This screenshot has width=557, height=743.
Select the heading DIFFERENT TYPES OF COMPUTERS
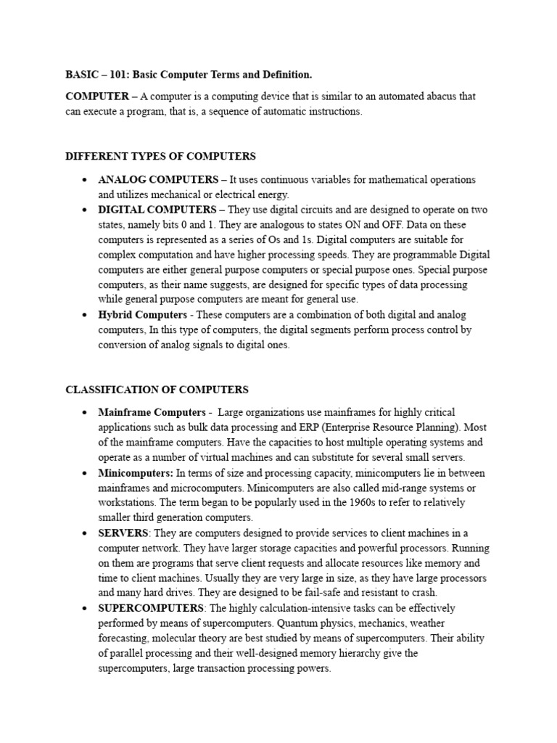[x=160, y=156]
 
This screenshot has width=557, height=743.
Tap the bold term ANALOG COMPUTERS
[x=158, y=179]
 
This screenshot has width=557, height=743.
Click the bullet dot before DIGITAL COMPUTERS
[x=86, y=210]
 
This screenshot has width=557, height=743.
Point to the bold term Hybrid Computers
[x=141, y=315]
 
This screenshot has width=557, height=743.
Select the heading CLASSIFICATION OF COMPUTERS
[x=157, y=390]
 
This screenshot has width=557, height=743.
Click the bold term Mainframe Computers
[x=152, y=413]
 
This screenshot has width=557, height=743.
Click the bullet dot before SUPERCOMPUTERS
[x=86, y=609]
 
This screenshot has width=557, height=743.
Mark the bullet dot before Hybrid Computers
[x=86, y=316]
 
